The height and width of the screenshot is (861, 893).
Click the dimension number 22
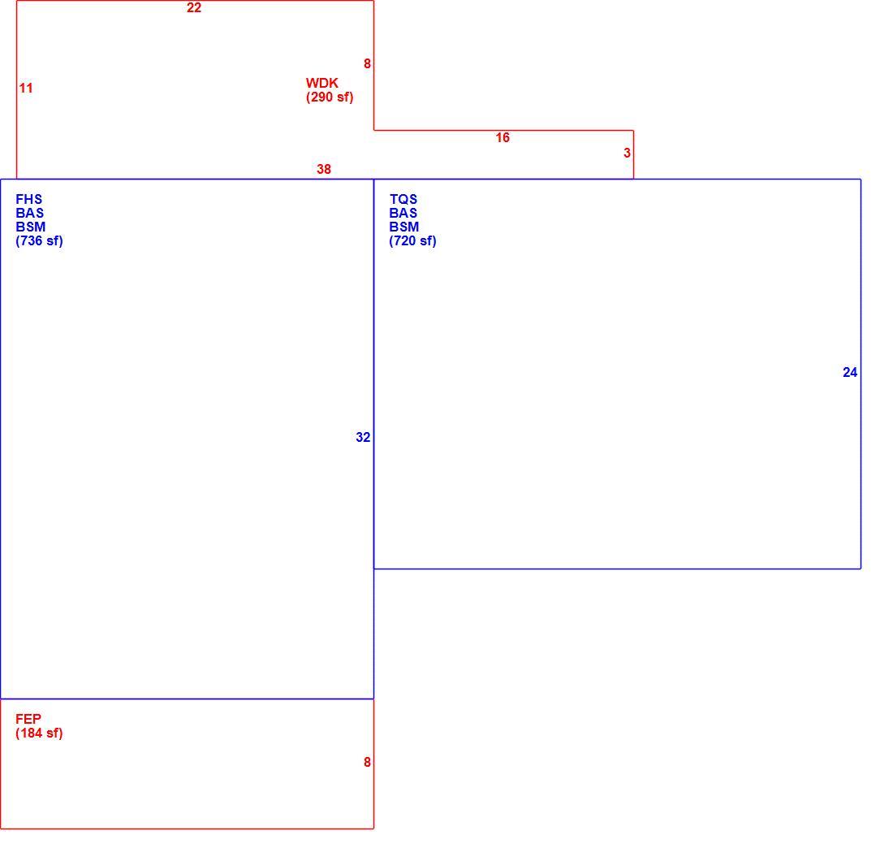194,8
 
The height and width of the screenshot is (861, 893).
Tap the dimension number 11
26,89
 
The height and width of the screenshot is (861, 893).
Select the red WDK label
321,83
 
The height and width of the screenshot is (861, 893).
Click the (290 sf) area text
329,97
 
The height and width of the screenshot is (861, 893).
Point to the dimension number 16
503,138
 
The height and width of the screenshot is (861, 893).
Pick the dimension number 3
627,154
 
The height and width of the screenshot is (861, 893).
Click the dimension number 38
323,170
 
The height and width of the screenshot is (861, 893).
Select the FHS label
28,200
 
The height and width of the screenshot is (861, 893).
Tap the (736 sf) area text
39,241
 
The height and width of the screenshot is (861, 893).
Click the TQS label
403,200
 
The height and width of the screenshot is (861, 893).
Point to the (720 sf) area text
412,241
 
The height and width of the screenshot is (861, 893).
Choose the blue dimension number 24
850,373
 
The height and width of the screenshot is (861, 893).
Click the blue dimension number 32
363,438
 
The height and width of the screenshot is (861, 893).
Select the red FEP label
28,719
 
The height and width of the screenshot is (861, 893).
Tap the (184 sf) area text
39,733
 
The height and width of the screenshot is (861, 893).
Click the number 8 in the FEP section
367,763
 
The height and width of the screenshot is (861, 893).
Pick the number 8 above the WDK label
367,64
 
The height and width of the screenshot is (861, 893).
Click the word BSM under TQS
403,227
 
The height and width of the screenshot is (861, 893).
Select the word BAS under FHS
29,213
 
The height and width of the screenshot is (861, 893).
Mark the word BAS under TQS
403,213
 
